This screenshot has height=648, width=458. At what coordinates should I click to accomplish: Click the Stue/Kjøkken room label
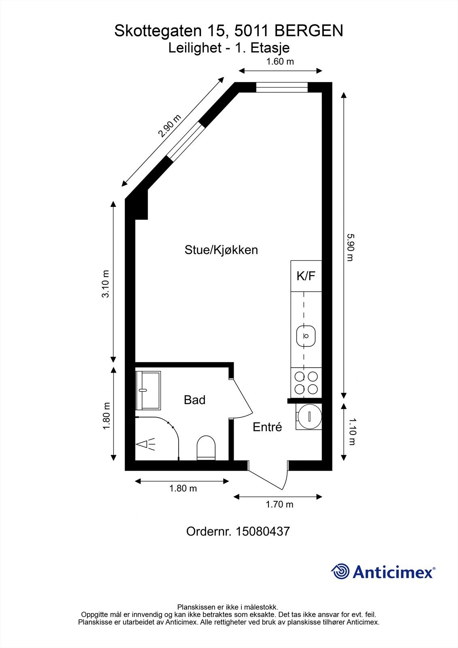[x=221, y=250]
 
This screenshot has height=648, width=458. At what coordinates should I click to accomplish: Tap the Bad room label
[x=194, y=400]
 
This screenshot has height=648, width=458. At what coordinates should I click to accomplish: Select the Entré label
[x=267, y=427]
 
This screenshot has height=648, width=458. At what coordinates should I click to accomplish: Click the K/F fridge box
[x=306, y=276]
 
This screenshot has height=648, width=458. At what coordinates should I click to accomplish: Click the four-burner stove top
[x=306, y=383]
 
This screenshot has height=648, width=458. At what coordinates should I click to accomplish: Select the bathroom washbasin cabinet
[x=148, y=390]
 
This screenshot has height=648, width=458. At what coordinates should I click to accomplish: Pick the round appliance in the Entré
[x=309, y=417]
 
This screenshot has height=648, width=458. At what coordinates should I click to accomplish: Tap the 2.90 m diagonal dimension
[x=169, y=126]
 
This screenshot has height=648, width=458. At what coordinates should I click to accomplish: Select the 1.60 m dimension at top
[x=280, y=62]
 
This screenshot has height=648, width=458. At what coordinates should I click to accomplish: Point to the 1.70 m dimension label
[x=279, y=504]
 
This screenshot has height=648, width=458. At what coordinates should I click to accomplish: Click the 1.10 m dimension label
[x=351, y=432]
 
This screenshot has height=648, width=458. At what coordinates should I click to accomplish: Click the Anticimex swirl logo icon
[x=341, y=571]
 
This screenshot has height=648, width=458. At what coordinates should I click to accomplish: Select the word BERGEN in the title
[x=309, y=31]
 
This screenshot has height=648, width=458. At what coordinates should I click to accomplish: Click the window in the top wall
[x=282, y=87]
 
